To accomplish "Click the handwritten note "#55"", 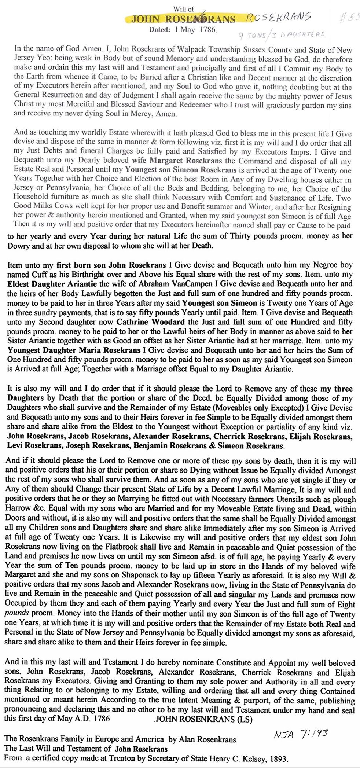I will point(350,18).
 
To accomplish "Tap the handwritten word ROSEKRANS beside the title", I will point(278,17).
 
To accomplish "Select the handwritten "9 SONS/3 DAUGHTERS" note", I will point(281,35).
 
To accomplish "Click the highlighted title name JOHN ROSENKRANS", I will point(183,19).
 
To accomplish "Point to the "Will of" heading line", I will point(184,9).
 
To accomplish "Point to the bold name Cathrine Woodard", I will point(150,322).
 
